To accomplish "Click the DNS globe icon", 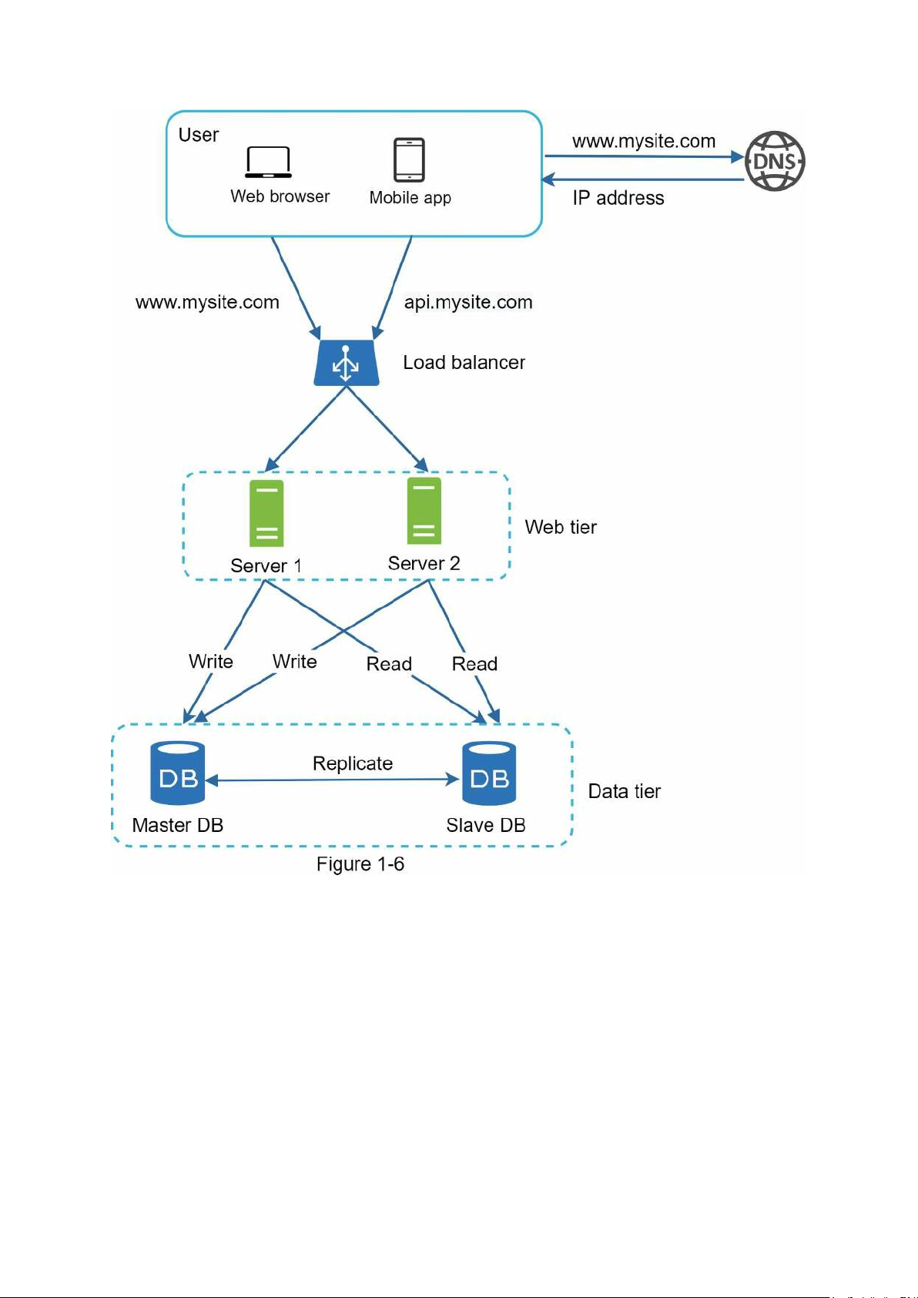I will tap(775, 161).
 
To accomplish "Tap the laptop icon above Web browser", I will tap(268, 162).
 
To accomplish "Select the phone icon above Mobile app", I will tap(409, 159).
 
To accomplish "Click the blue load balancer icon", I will tap(346, 363).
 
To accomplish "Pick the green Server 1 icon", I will tap(266, 513).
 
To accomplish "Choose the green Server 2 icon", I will tap(424, 511).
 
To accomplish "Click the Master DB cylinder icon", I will tap(178, 773).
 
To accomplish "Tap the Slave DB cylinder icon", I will tap(489, 773).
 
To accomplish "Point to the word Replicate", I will tap(353, 763).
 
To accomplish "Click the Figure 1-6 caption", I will tap(360, 864).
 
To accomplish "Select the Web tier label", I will tap(561, 527).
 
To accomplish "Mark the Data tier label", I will tap(625, 791).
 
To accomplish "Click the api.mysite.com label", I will tap(468, 302).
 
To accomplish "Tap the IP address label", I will tap(618, 198).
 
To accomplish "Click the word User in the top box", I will tap(199, 135).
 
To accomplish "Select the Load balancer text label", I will tap(464, 362).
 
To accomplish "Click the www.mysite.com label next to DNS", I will tap(644, 141).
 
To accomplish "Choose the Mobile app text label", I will tap(410, 197).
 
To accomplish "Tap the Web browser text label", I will tap(280, 196).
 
